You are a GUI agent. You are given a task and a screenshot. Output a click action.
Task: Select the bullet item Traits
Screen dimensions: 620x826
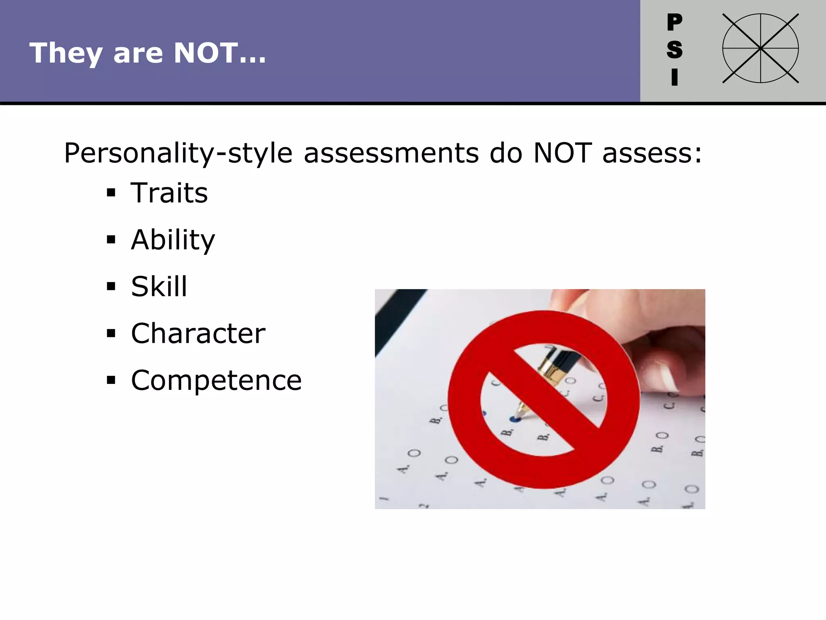pos(169,193)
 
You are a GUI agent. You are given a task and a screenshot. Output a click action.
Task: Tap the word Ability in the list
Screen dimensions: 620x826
pos(173,240)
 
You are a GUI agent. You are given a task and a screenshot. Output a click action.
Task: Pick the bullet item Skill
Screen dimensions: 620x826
pos(159,287)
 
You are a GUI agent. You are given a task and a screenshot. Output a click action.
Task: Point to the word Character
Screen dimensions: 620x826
pos(198,334)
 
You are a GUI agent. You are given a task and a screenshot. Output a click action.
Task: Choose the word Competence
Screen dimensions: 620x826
pos(216,381)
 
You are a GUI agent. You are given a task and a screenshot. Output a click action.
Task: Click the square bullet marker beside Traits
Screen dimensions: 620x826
pos(111,193)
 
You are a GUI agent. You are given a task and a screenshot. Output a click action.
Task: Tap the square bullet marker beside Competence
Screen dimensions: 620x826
pos(111,380)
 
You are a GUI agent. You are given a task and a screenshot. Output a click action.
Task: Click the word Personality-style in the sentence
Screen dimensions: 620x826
pos(178,154)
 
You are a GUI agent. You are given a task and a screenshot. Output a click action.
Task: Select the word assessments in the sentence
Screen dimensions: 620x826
pos(391,154)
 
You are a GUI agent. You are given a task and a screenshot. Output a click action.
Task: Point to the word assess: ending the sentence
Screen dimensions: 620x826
pos(652,154)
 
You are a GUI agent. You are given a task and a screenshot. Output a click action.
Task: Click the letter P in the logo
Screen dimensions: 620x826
pos(674,22)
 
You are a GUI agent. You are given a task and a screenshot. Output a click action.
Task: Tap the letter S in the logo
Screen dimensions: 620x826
pos(674,50)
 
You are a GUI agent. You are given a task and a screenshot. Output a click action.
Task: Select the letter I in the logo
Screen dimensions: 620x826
pos(674,77)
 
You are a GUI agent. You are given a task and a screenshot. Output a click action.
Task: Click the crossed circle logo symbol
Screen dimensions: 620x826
pos(760,48)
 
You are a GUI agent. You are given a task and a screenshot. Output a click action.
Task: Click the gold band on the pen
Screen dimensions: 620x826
pos(550,369)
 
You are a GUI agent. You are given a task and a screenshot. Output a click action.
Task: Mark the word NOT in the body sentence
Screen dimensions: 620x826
pos(563,154)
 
